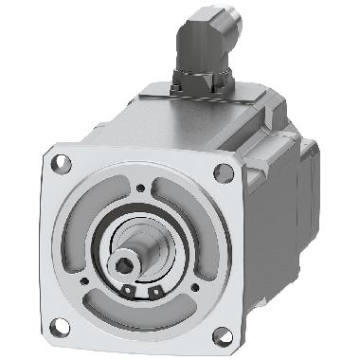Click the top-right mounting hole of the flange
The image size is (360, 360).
point(222,171)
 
